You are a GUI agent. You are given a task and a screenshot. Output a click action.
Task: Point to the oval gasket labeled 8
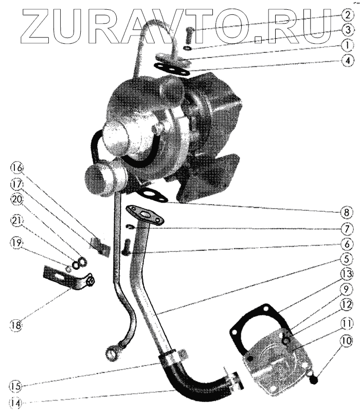coord(150,195)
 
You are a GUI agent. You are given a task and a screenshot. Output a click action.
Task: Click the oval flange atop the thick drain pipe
coord(144,214)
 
